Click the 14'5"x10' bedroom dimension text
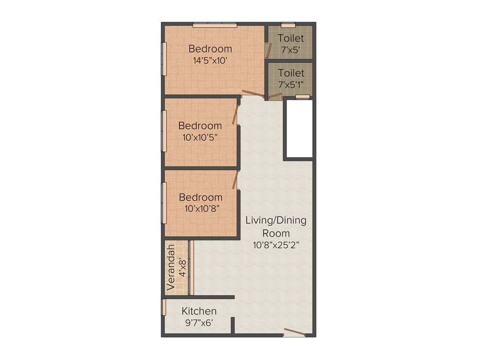(210, 60)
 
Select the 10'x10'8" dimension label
(200, 209)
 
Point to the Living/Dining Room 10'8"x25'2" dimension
(276, 245)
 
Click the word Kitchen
(199, 311)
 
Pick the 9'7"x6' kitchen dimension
(199, 322)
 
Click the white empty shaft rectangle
(298, 128)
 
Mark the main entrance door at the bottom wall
(294, 333)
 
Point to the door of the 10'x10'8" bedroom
(236, 180)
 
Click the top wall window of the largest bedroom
(215, 25)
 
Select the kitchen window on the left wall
(164, 307)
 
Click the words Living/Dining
(276, 221)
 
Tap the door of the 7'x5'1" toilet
(275, 96)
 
